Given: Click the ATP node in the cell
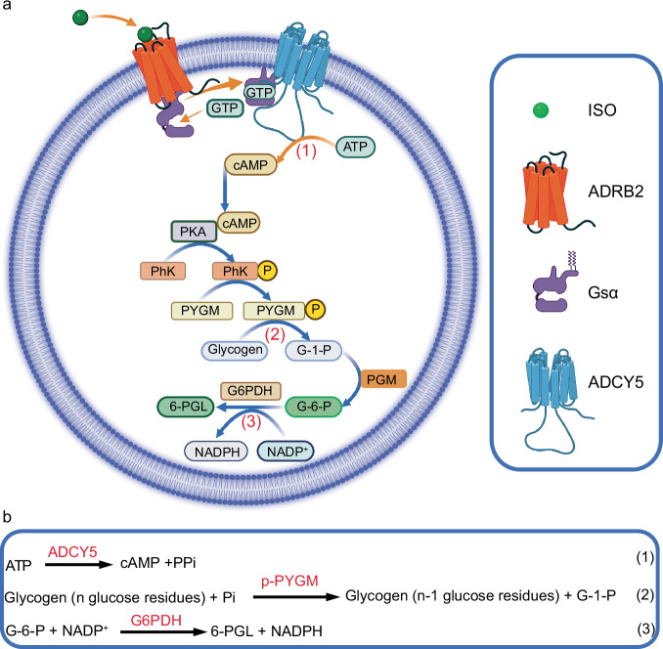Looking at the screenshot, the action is (x=355, y=147).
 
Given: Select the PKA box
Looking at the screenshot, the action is (x=194, y=232).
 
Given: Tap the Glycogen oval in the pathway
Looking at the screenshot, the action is (x=235, y=350).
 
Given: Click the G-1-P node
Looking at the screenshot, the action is (x=314, y=350).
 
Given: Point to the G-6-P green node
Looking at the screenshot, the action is (x=314, y=407).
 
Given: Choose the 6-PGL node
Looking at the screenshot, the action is (x=186, y=407).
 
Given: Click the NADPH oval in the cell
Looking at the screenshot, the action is (x=216, y=452).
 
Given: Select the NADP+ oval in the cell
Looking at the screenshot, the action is (x=287, y=452).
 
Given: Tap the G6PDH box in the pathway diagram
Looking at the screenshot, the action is (x=250, y=391).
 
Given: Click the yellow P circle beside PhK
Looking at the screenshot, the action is (x=267, y=271).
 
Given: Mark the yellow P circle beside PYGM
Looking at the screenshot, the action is (x=315, y=310).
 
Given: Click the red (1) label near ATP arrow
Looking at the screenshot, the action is (x=306, y=151).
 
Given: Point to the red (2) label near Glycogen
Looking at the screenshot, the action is (x=275, y=334).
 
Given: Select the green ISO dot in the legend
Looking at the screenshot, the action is (x=541, y=110).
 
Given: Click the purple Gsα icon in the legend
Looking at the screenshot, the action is (x=554, y=286).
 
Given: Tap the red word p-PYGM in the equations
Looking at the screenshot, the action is (x=289, y=581).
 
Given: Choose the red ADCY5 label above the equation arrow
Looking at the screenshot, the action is (x=72, y=552).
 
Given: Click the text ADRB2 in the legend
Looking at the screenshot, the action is (x=616, y=192).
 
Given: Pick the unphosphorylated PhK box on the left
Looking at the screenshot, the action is (x=162, y=271).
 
